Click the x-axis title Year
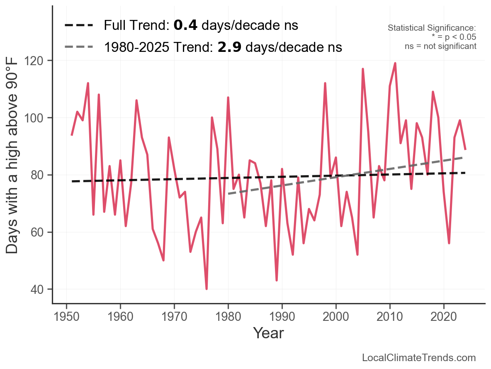click(268, 333)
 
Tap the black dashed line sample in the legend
click(79, 26)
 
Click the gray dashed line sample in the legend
click(79, 47)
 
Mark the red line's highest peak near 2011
click(395, 64)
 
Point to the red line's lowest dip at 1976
click(207, 288)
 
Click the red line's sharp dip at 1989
click(277, 280)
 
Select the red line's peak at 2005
click(363, 69)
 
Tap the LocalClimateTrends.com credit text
click(419, 358)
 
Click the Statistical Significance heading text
click(432, 28)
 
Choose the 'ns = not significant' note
click(440, 46)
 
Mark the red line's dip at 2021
click(449, 243)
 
